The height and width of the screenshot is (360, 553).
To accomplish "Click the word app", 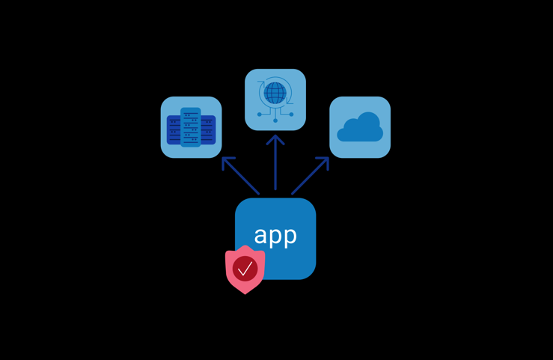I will pos(275,236).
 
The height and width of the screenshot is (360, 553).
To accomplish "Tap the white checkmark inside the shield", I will pos(245,268).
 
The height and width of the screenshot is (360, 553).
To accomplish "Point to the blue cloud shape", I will pos(360,128).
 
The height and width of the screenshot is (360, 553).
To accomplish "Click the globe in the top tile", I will pos(275,93).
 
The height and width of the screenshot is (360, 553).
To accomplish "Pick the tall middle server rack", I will pos(191,127).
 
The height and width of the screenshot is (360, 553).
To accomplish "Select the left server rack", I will pos(174,130).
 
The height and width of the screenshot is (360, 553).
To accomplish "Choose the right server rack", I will pos(207,130).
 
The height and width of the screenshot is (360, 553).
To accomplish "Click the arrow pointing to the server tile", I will pos(241,176).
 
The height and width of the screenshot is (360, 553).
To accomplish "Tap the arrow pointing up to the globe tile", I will pos(275,165).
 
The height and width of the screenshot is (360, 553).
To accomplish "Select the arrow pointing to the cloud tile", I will pos(310,176).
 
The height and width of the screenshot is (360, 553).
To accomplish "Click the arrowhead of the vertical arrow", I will pos(275,138).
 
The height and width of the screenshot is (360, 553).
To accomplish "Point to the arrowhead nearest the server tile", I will pos(226,161).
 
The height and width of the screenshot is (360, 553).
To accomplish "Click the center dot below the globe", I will pos(275,120).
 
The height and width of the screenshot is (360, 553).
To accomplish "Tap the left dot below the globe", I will pos(260,115).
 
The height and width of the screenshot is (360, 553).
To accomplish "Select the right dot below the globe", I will pos(291,115).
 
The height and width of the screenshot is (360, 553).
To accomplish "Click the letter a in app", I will pos(260,236).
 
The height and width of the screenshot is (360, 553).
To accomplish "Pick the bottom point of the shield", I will pos(245,293).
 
